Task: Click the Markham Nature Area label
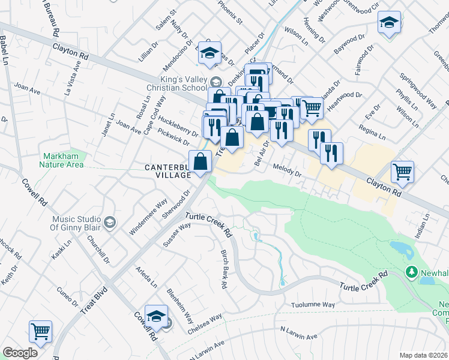click(62, 160)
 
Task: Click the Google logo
click(20, 353)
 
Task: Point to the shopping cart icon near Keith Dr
click(40, 331)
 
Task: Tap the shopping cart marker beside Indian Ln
click(402, 172)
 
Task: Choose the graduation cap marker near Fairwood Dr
click(389, 23)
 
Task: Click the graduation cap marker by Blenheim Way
click(156, 315)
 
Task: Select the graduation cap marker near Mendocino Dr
click(209, 53)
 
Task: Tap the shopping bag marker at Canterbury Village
click(200, 161)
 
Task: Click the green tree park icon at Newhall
click(412, 272)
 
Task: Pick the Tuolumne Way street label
click(312, 305)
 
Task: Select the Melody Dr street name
click(286, 170)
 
